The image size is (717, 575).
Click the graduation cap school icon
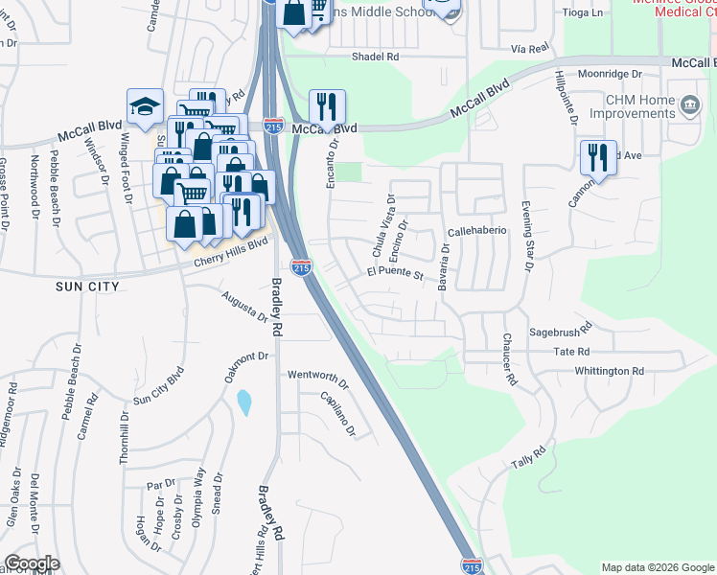click(145, 107)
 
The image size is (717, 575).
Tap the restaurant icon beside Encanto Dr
click(327, 107)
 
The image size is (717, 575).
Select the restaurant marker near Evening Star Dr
click(598, 157)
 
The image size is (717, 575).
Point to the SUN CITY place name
click(86, 287)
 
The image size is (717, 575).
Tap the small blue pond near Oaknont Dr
click(244, 402)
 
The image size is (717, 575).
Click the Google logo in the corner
click(33, 563)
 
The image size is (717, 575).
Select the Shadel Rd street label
click(375, 57)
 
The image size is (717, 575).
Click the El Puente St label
click(395, 274)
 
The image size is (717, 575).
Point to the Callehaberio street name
click(476, 233)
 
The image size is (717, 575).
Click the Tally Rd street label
click(528, 457)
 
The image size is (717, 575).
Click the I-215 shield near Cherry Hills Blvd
click(301, 267)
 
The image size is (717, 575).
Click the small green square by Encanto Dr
click(353, 172)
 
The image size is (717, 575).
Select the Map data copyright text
click(656, 567)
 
